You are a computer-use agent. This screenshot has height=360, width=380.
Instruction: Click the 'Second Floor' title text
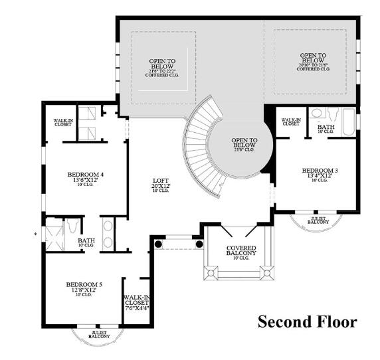(307, 323)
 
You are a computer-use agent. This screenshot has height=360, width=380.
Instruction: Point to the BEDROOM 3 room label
(320, 171)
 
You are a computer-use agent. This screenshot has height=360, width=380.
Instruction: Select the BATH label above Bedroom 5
(86, 241)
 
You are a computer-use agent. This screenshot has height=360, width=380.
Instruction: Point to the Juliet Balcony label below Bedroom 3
(319, 220)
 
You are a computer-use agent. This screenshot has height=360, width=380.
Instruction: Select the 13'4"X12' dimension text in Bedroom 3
(320, 176)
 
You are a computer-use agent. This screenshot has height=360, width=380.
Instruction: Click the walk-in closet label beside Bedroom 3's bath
(291, 122)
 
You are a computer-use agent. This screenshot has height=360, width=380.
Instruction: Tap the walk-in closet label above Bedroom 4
(64, 123)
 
